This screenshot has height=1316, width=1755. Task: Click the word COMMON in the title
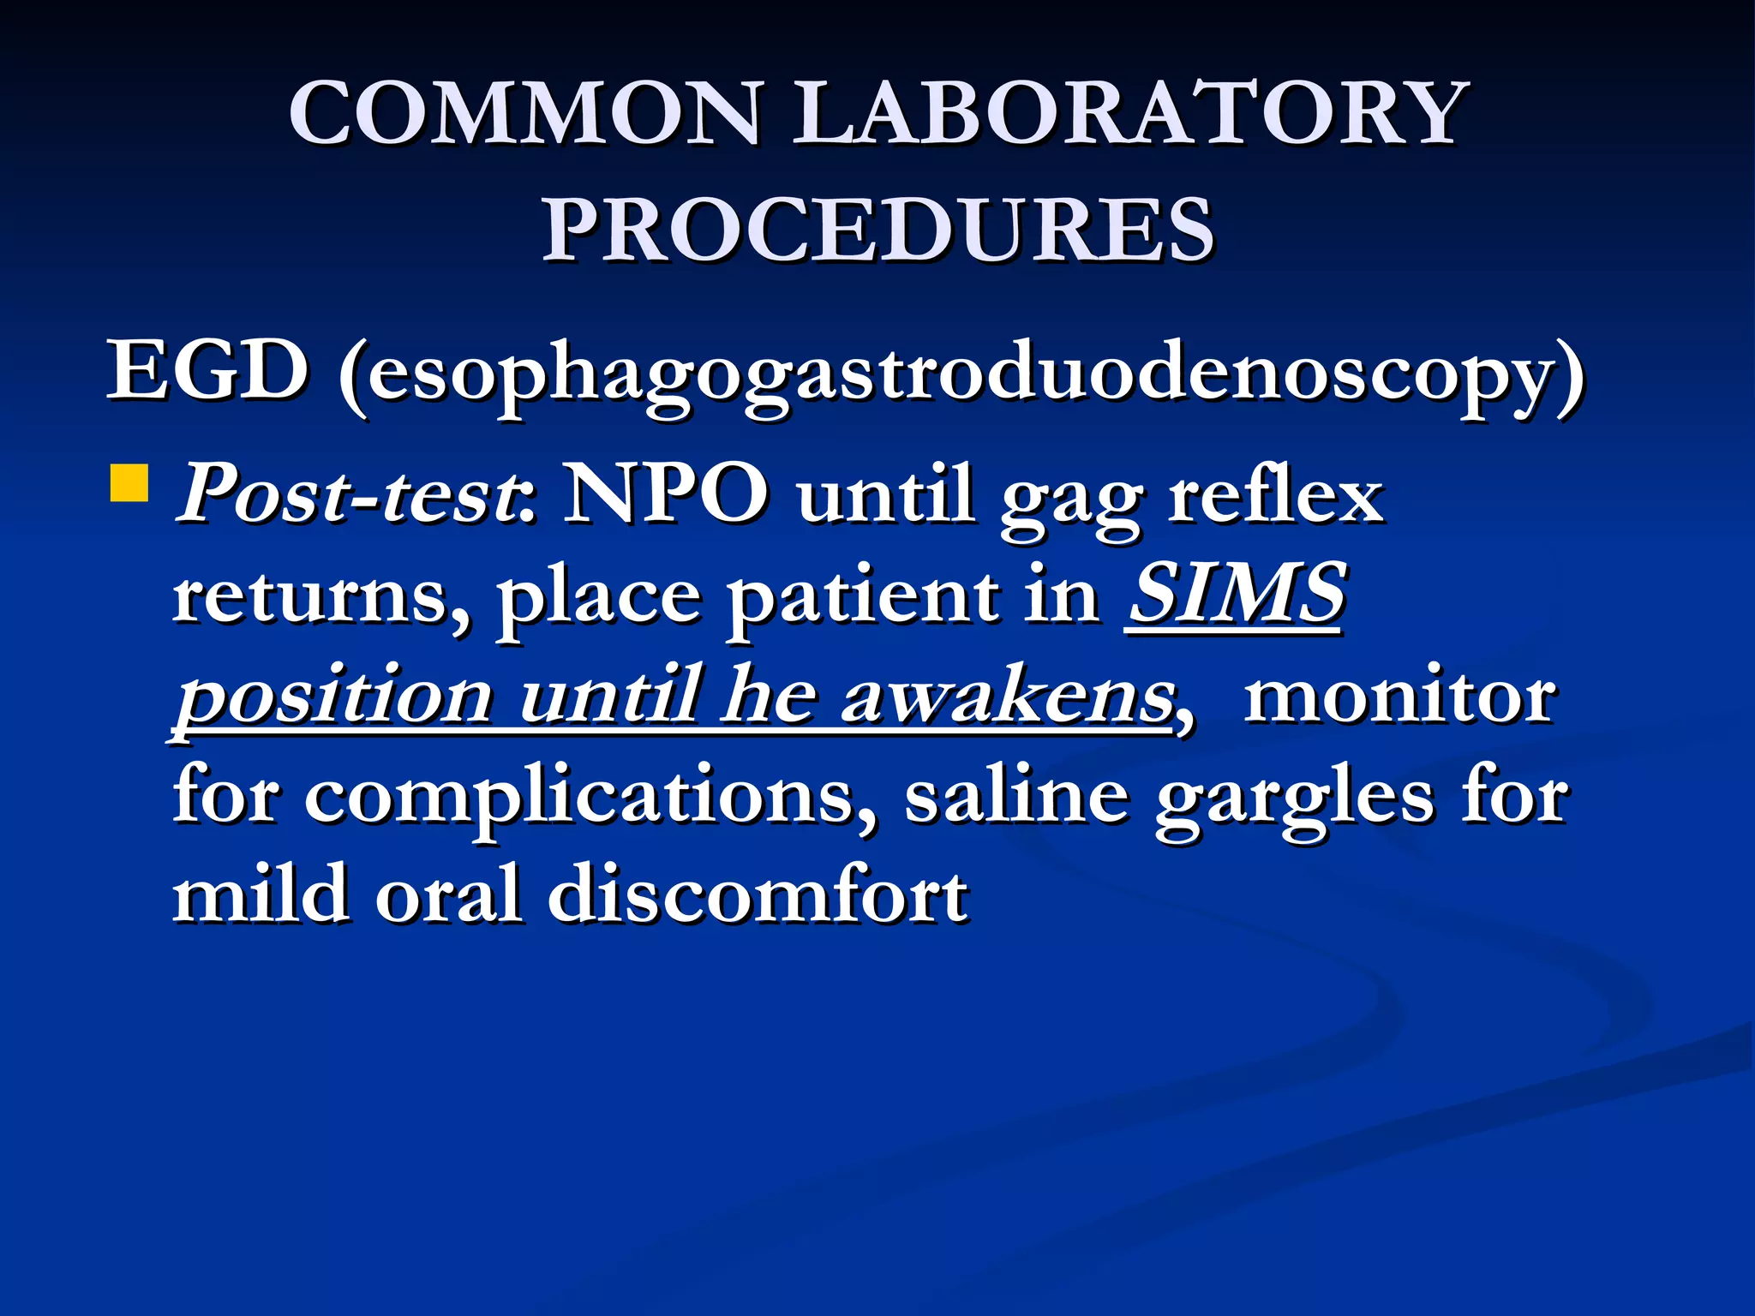pos(524,114)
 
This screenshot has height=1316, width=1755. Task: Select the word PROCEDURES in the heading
pos(877,230)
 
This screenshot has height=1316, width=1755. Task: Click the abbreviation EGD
pos(207,371)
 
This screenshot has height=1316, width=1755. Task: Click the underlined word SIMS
pos(1237,593)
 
